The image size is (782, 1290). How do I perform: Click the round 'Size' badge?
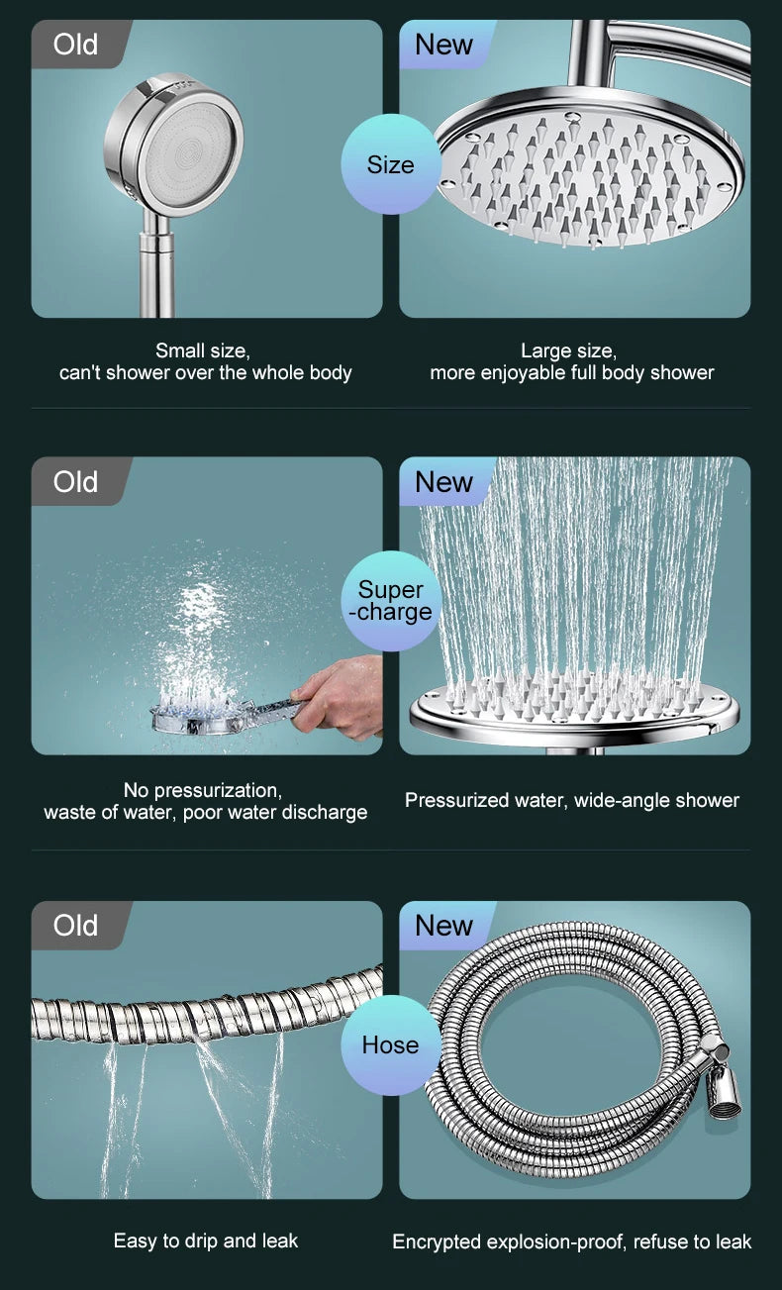[x=390, y=164]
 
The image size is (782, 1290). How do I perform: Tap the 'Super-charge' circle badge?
[x=390, y=601]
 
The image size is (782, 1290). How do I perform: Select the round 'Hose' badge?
[x=390, y=1044]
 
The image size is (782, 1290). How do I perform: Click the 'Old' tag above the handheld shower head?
[x=76, y=45]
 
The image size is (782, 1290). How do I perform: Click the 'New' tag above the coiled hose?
[x=443, y=926]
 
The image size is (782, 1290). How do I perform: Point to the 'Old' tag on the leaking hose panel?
[x=76, y=926]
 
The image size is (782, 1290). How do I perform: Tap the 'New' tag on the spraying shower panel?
[x=443, y=482]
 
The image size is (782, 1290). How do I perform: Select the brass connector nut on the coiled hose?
[x=726, y=1093]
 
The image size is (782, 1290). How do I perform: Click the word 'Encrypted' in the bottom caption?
[x=437, y=1241]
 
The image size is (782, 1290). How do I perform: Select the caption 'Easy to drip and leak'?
[x=205, y=1240]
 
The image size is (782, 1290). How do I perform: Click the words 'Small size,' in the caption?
[x=203, y=350]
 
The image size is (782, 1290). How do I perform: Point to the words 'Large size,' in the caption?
[x=569, y=350]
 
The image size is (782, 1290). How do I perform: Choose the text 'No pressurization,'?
[x=203, y=790]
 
